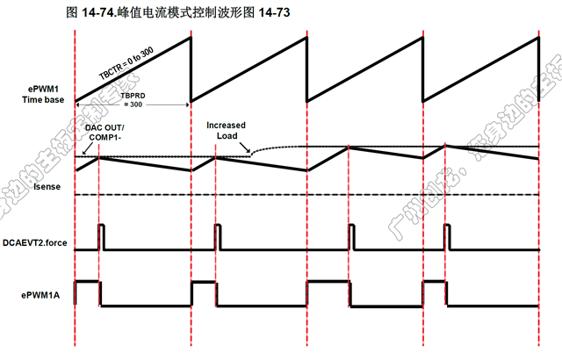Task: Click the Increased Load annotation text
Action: (226, 130)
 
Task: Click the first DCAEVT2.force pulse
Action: (102, 237)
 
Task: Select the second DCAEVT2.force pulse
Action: (217, 237)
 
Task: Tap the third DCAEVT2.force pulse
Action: (350, 237)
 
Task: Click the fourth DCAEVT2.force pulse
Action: (449, 237)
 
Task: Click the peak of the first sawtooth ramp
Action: (190, 36)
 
